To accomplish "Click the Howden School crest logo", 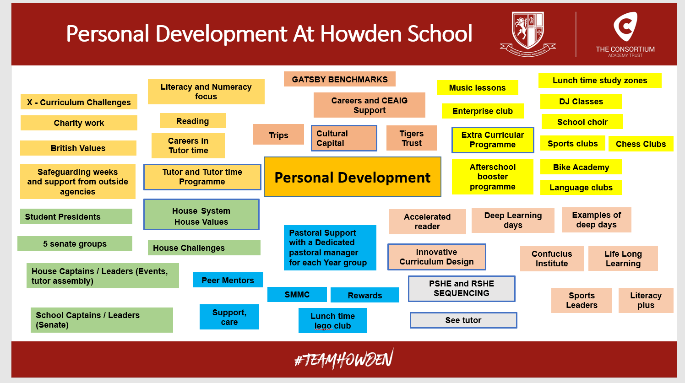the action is coord(528,34).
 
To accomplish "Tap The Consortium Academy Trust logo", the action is coord(625,34).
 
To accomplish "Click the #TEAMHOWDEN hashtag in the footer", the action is coord(344,359).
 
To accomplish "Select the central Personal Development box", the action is coord(352,177).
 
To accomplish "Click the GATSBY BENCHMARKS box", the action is coord(339,79).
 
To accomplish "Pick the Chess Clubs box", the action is coord(641,144).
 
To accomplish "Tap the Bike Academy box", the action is coord(581,167).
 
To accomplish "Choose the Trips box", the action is coord(278,135).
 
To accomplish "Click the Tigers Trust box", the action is coord(411,138).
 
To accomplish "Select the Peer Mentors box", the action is coord(228,280).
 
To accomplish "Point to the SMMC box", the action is coord(297,294).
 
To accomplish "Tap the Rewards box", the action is coord(365,295).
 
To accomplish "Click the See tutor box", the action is coord(463,320).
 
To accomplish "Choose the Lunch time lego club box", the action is coord(333,320).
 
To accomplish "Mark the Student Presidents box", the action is coord(76,216).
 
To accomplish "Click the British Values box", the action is coord(78,148).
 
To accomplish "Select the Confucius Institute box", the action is coord(552,259).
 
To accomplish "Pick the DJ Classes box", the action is coord(581,101).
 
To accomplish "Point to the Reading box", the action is coord(193,121).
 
